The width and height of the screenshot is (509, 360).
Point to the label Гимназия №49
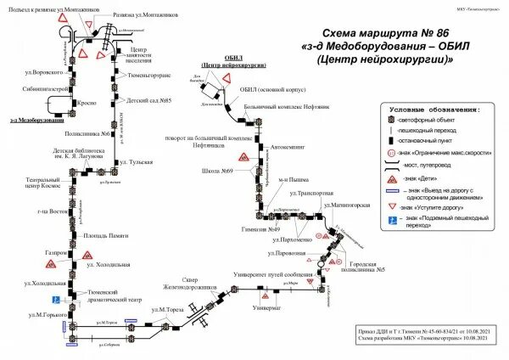point(260,229)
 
